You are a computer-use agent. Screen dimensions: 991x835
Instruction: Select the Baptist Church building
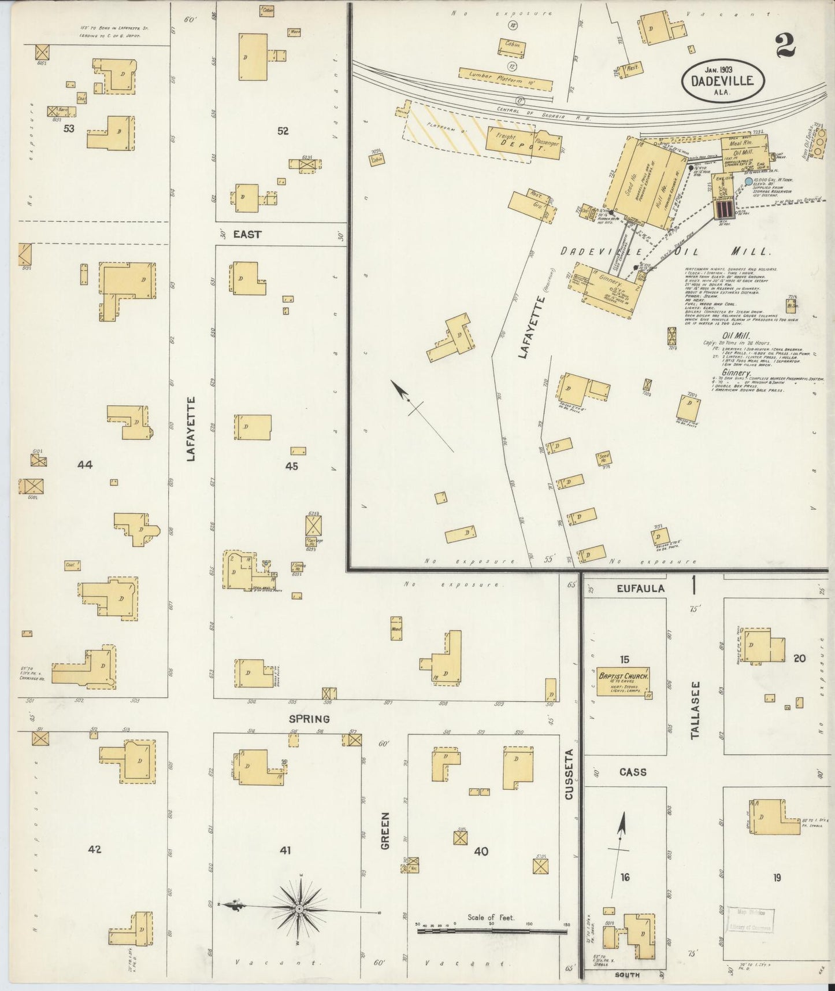coord(625,682)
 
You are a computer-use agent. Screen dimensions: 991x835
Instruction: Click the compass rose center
coord(299,909)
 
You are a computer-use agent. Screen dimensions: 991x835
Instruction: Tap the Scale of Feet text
coord(491,917)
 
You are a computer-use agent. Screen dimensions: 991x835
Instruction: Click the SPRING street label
coord(310,719)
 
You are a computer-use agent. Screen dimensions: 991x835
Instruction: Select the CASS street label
coord(633,772)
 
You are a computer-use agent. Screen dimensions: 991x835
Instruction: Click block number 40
coord(481,851)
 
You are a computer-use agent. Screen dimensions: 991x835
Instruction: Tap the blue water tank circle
coord(749,182)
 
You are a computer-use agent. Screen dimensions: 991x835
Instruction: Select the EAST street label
coord(247,234)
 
